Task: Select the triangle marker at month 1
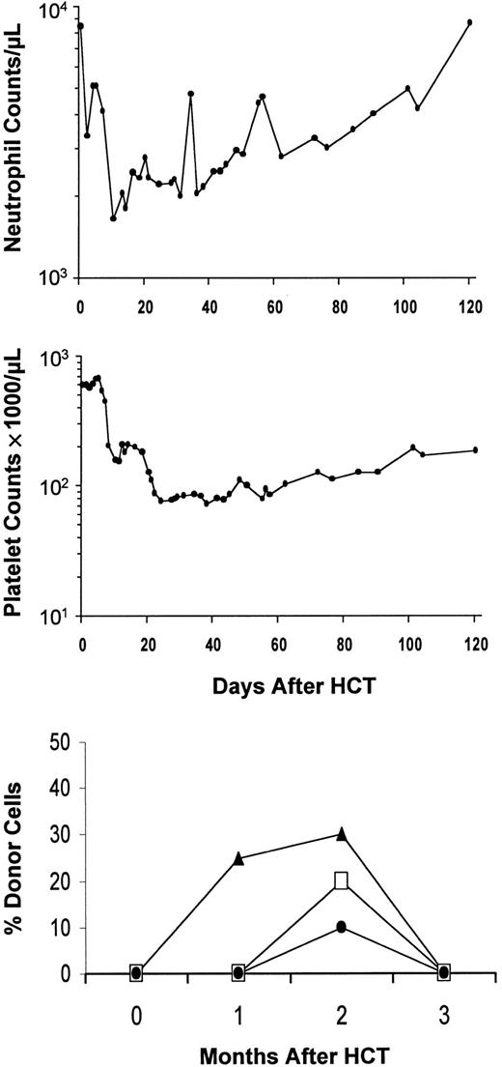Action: (x=238, y=857)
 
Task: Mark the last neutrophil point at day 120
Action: (x=470, y=22)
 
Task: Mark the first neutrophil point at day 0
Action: (x=80, y=26)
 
